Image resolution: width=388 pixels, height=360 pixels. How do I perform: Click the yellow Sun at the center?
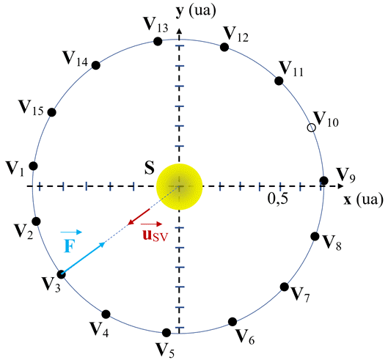click(180, 186)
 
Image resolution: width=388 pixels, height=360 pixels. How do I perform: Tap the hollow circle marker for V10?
click(312, 128)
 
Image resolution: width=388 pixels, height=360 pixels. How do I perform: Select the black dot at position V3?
click(61, 274)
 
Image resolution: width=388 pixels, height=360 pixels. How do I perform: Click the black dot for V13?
click(158, 41)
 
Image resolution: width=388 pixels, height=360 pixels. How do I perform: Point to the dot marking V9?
click(324, 180)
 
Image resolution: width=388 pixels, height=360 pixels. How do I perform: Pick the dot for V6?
click(233, 322)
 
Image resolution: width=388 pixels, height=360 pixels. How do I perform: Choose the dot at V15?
click(52, 112)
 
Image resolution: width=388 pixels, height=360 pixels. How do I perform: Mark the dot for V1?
click(34, 166)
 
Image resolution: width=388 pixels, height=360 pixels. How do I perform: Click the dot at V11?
click(279, 81)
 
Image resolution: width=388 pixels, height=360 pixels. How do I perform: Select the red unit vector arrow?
click(139, 217)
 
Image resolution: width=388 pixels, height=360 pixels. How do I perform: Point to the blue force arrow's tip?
click(105, 243)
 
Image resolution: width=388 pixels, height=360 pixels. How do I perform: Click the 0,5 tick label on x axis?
click(278, 199)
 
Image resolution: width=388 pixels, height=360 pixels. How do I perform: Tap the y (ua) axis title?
click(196, 11)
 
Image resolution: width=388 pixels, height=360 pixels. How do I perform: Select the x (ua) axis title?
click(364, 199)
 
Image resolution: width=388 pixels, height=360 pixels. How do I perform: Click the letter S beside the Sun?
click(150, 168)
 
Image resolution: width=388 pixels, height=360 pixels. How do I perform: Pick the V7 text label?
click(300, 295)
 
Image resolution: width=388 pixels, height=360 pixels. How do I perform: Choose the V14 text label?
click(76, 59)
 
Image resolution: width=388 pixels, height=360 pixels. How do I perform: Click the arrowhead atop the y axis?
click(180, 31)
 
